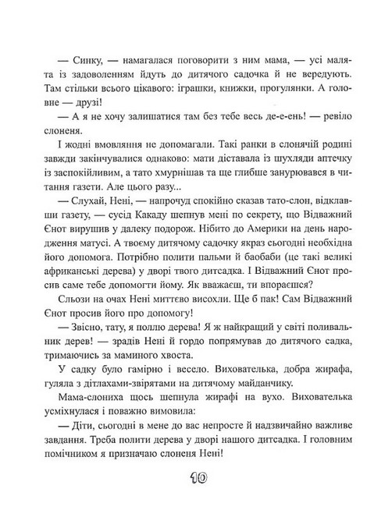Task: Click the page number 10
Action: (196, 477)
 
